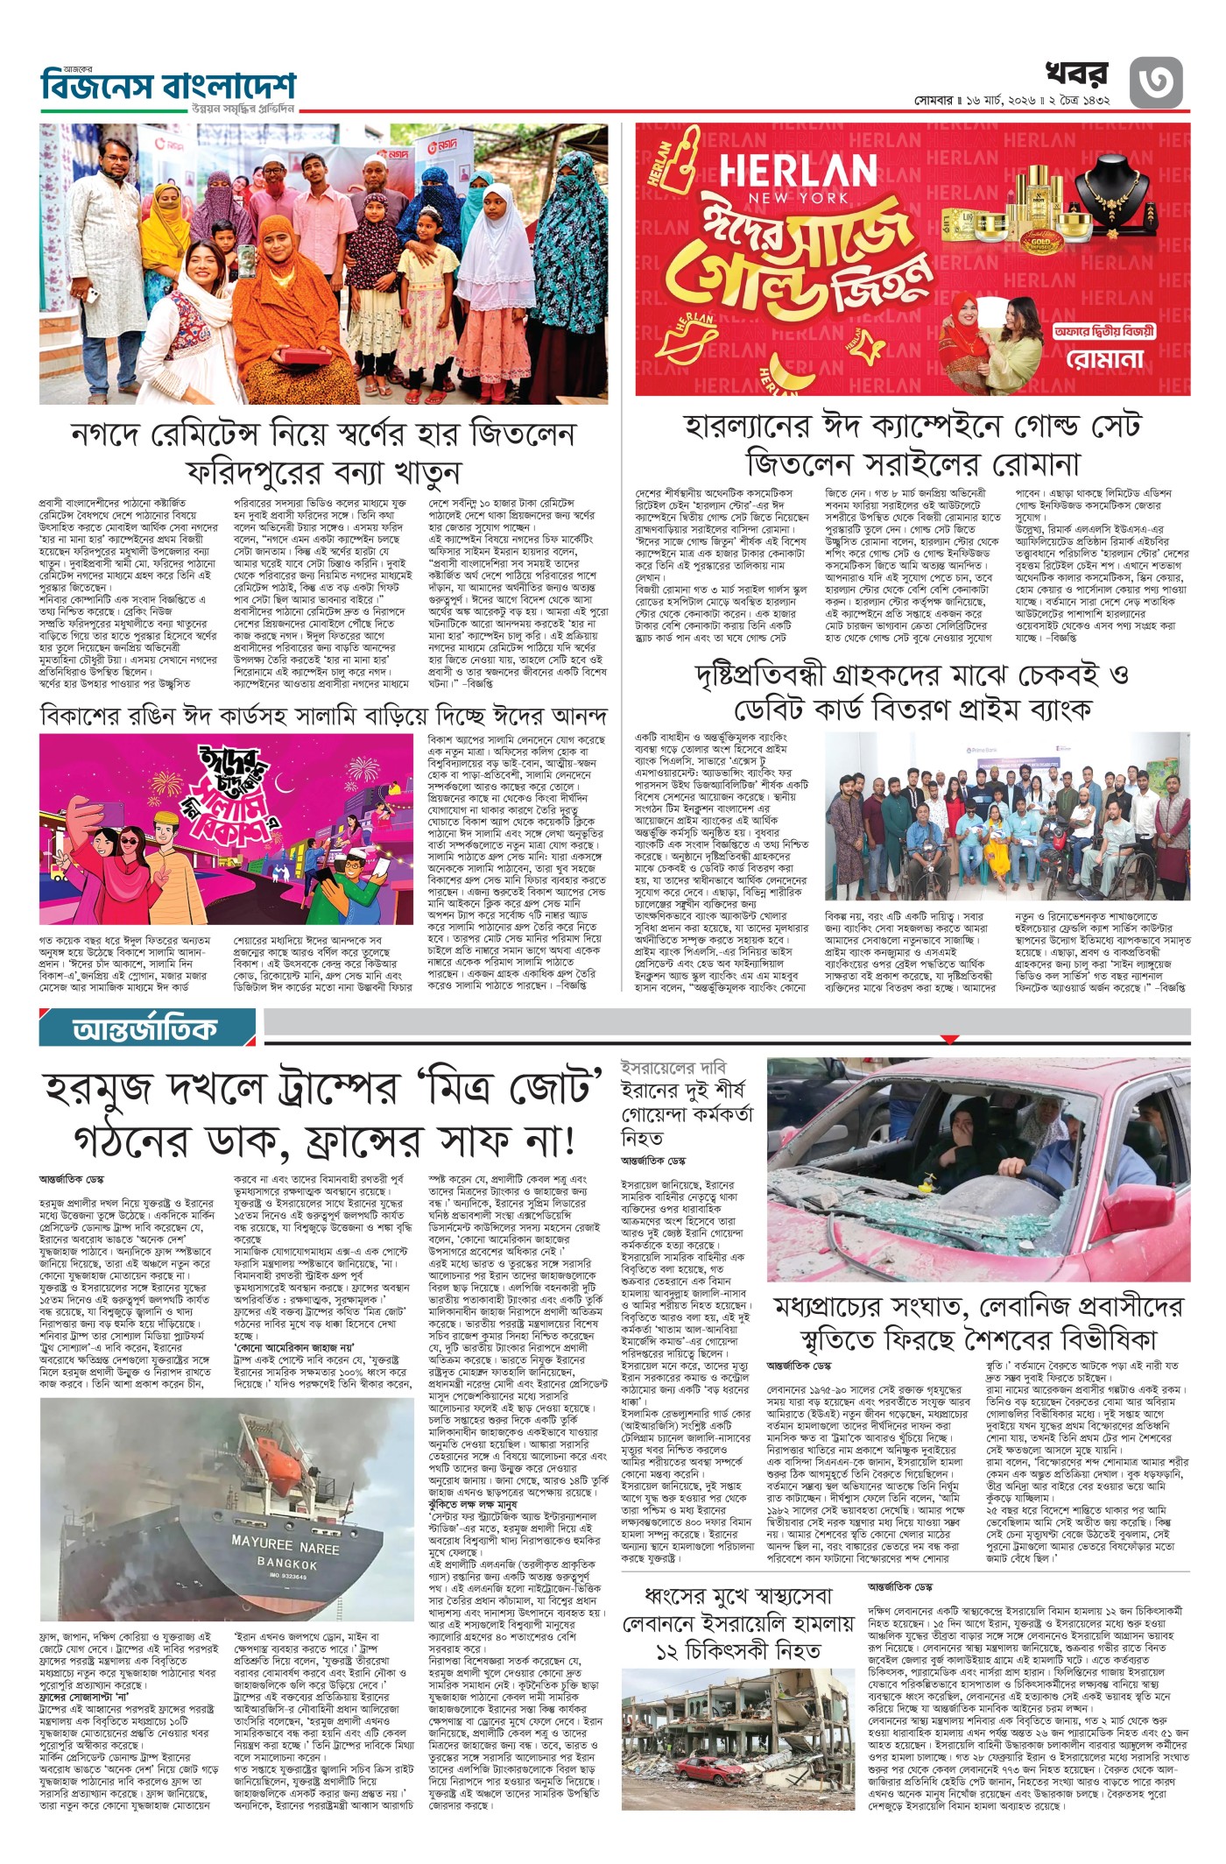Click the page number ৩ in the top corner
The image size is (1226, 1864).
[x=1155, y=81]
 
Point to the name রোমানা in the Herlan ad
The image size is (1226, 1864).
[x=1105, y=359]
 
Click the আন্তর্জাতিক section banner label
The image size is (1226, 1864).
[x=145, y=1028]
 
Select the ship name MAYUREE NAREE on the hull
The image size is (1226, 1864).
[x=285, y=1544]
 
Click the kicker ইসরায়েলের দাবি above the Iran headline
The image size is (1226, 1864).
[x=660, y=1068]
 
